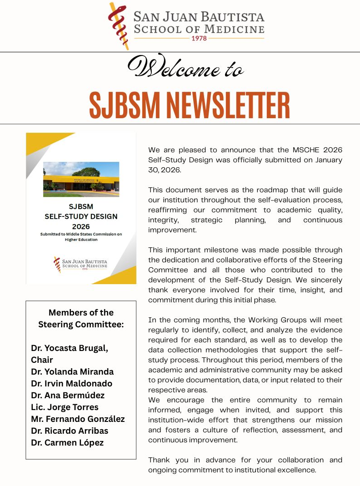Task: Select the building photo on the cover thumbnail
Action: [x=81, y=179]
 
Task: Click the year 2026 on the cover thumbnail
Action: [x=81, y=226]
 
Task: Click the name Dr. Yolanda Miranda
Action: [x=72, y=371]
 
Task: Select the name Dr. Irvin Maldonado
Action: [x=71, y=383]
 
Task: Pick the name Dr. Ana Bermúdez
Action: [x=68, y=395]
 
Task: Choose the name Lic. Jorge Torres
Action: [x=65, y=407]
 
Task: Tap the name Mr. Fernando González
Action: [x=78, y=419]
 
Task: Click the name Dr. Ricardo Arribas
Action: [x=70, y=431]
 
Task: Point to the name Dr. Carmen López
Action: [x=67, y=442]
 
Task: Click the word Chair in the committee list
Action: [x=42, y=360]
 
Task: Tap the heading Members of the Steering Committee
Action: [x=81, y=318]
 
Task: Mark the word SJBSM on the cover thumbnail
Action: [x=81, y=206]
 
